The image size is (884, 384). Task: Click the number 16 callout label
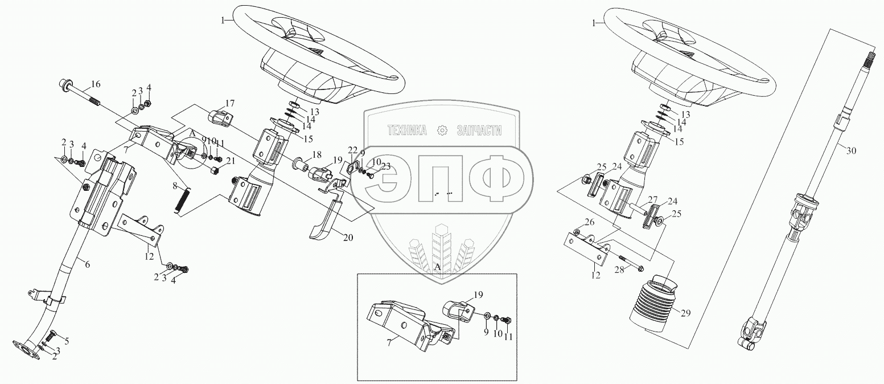[x=96, y=84]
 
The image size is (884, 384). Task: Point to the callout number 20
[x=348, y=238]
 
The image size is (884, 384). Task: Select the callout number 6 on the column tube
[x=88, y=264]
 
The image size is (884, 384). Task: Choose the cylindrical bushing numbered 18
[x=302, y=164]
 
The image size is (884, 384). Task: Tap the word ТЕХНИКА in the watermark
[x=407, y=130]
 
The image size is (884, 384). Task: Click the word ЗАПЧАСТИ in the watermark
[x=479, y=130]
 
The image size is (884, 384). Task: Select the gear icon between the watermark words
[x=442, y=130]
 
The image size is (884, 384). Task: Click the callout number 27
[x=653, y=199]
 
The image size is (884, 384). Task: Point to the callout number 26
[x=590, y=222]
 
